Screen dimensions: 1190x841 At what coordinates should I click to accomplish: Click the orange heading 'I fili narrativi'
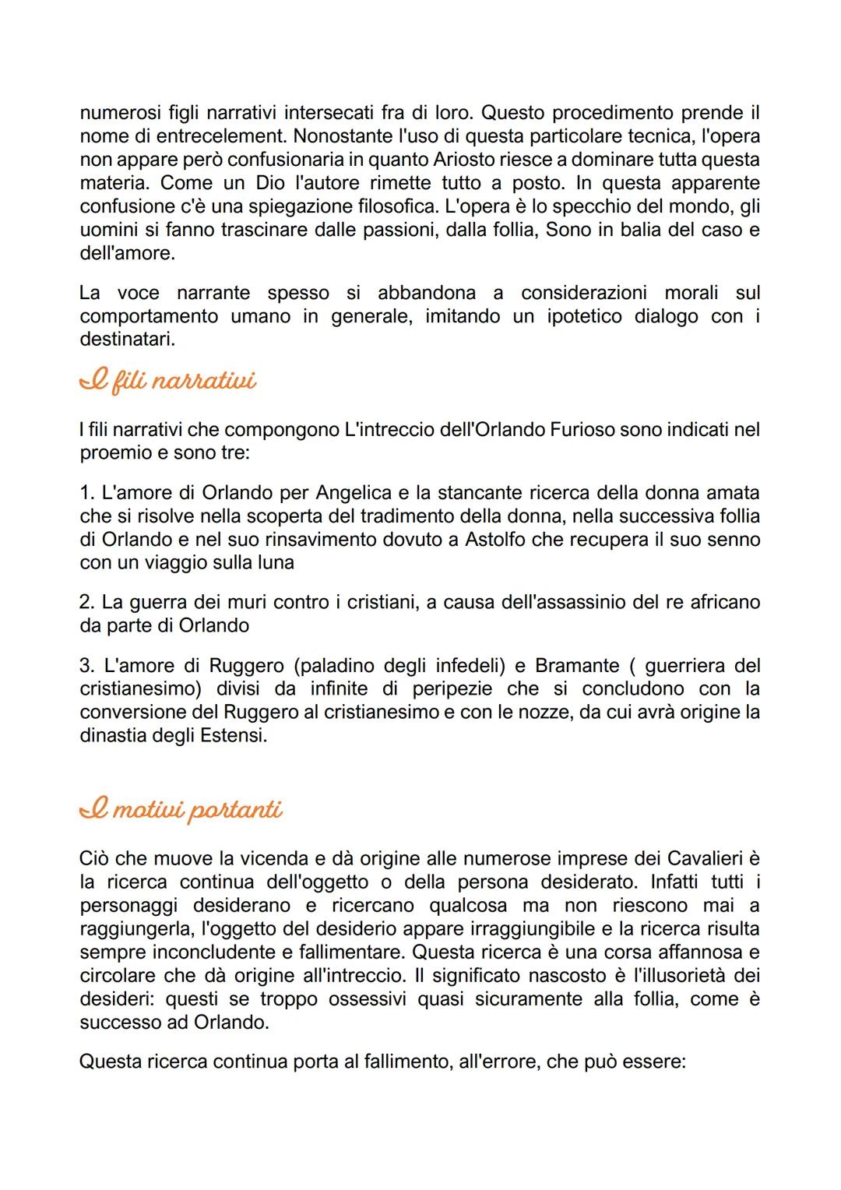pyautogui.click(x=168, y=382)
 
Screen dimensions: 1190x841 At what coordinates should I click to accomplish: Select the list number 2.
pyautogui.click(x=86, y=602)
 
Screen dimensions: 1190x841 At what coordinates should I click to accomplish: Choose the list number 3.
pyautogui.click(x=86, y=666)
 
